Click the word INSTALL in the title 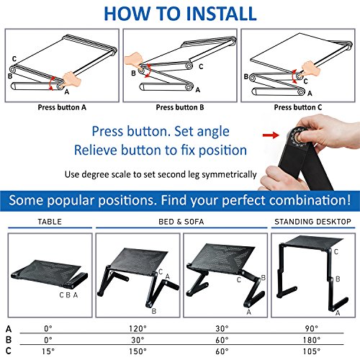[x=221, y=14]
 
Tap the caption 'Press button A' [x=62, y=107]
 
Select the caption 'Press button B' [x=180, y=107]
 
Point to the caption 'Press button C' [x=298, y=107]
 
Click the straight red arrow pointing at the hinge [x=271, y=135]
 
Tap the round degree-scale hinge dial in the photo [x=299, y=137]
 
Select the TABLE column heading [x=50, y=222]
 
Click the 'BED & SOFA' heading [x=181, y=222]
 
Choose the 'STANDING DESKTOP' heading [x=312, y=222]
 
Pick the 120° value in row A [x=138, y=328]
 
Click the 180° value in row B [x=312, y=340]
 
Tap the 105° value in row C [x=312, y=351]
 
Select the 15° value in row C [x=48, y=351]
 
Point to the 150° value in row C [x=138, y=351]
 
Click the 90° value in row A [x=312, y=328]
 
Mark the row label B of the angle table [x=9, y=340]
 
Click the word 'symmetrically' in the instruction [x=229, y=175]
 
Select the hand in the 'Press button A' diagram [x=71, y=79]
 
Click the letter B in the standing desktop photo [x=338, y=279]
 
